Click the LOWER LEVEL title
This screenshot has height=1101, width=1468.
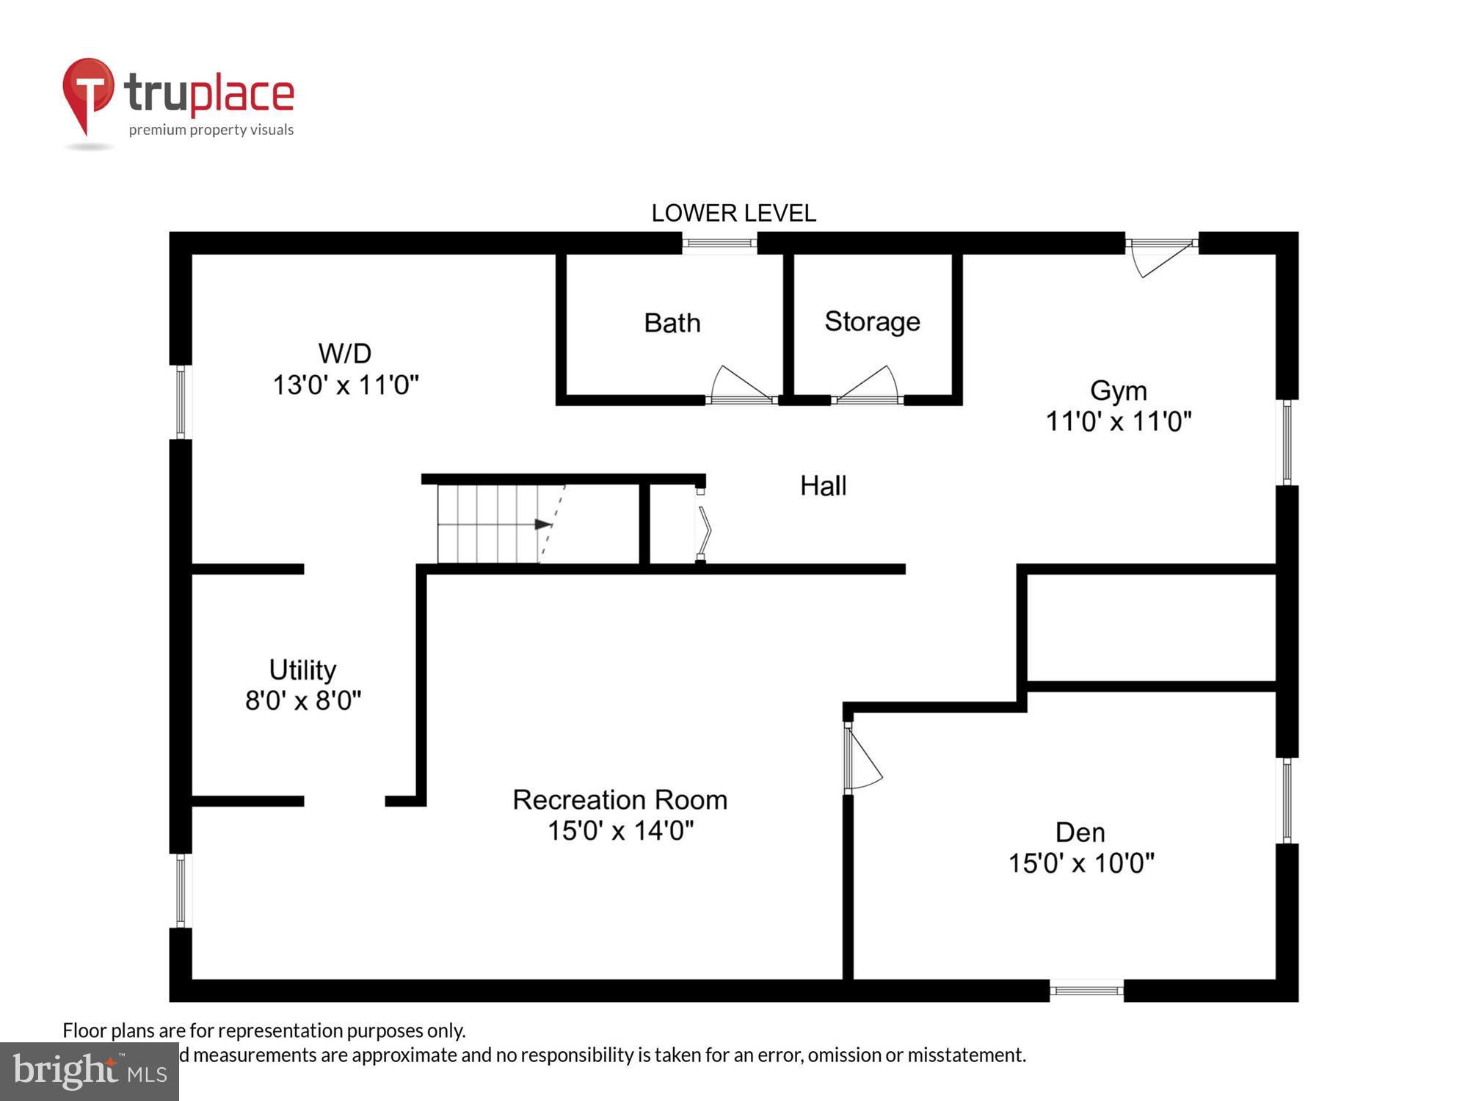[733, 213]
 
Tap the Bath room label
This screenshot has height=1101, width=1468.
[672, 323]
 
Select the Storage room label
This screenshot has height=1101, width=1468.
[872, 321]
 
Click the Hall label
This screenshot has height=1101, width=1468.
[823, 486]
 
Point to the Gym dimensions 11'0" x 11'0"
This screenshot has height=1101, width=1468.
[1118, 422]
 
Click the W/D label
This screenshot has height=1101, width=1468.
[345, 354]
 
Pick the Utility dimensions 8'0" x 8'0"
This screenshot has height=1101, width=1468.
[303, 701]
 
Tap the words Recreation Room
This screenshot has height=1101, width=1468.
[619, 800]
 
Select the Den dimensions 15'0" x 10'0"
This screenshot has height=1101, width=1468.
[1080, 863]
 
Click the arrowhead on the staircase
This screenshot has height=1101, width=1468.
[544, 524]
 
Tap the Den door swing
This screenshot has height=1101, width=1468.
[863, 759]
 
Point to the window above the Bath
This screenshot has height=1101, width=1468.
[719, 243]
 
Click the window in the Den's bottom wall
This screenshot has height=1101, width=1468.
[1086, 990]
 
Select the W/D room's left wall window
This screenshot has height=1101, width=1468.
[181, 402]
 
